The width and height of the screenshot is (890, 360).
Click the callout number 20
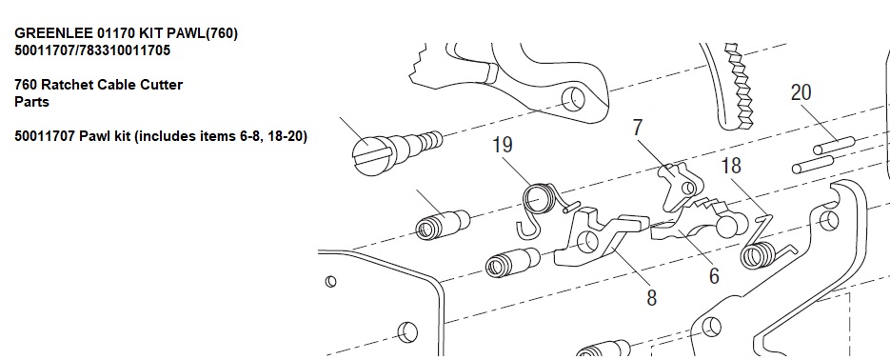pos(801,92)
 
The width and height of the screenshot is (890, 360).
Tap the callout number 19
pos(503,145)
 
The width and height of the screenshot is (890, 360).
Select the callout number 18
pos(731,166)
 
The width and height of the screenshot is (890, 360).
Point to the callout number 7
pos(638,128)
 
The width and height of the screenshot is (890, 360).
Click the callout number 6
pos(714,275)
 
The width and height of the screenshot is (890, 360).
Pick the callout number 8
pos(652,297)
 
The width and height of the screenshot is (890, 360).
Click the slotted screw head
pos(369,153)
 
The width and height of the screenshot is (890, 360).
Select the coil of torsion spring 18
pos(758,255)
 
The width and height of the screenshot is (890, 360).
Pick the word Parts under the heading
pos(31,102)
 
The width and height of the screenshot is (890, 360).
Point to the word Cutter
pos(161,85)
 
